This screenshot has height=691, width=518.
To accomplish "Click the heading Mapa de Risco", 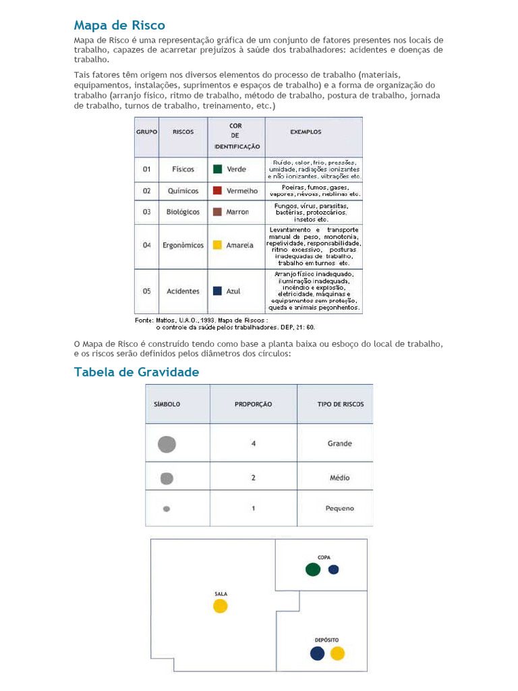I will [119, 26].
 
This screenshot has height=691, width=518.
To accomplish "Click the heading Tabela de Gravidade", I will [136, 372].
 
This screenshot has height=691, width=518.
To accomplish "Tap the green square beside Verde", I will [218, 169].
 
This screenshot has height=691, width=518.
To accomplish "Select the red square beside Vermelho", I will [218, 191].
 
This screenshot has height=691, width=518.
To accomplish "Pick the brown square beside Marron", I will [218, 212].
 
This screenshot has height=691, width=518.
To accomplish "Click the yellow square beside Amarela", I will [218, 245].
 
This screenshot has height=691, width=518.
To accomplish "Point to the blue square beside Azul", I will [218, 291].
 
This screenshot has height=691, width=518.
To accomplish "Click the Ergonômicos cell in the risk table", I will [183, 245].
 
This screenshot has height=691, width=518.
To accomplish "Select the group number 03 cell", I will [146, 212].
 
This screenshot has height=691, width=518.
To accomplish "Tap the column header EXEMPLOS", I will [306, 132].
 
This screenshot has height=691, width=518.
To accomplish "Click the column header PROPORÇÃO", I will [253, 404].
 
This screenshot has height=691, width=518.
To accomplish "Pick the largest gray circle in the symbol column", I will [167, 444].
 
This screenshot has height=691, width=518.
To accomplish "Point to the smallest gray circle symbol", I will [167, 509].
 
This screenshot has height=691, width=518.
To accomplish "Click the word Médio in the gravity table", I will [339, 478].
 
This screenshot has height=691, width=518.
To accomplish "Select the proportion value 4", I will [254, 444].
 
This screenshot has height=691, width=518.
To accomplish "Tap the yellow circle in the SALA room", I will [221, 606].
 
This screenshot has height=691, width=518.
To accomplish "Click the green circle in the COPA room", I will [312, 570].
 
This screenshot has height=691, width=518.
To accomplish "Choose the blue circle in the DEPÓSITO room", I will [317, 653].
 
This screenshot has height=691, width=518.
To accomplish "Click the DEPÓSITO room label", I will [326, 639].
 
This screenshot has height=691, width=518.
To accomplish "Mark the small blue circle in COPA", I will [333, 570].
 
